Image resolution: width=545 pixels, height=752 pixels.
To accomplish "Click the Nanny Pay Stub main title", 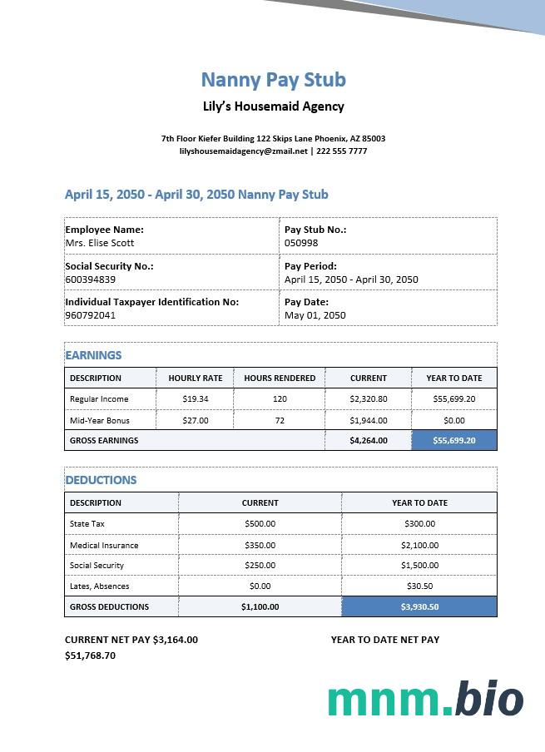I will tap(273, 80).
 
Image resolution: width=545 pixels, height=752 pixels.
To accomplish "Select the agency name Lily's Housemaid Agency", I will tap(273, 106).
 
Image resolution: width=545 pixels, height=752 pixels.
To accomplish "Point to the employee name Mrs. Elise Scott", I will tap(100, 243).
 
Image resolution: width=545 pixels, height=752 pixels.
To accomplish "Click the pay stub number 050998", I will tap(301, 243).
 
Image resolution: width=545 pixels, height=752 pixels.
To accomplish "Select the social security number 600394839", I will tap(91, 280).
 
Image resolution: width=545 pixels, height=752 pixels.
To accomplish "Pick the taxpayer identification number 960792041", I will tap(91, 315).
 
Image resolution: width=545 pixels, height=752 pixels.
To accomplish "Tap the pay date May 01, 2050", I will tap(315, 315).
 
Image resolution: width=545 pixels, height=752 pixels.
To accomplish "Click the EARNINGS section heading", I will tap(93, 355).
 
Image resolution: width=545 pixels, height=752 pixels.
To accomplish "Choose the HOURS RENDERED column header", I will tap(280, 378).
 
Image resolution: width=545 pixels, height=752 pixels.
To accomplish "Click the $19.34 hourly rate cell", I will tap(196, 399).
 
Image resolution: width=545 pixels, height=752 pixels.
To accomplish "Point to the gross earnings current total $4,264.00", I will tap(369, 441).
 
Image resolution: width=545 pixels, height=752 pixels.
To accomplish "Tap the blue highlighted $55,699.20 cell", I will tap(454, 441).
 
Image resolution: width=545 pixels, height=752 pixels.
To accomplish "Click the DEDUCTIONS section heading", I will tap(101, 480).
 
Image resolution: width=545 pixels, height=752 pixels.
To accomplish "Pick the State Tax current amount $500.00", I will tap(260, 524).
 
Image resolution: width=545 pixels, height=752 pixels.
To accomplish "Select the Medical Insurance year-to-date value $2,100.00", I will tap(419, 546).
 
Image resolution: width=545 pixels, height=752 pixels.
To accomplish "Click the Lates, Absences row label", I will tap(100, 586).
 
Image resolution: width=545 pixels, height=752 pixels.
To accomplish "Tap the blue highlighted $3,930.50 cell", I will tap(419, 607).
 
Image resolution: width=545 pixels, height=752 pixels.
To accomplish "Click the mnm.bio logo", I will tap(425, 700).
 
